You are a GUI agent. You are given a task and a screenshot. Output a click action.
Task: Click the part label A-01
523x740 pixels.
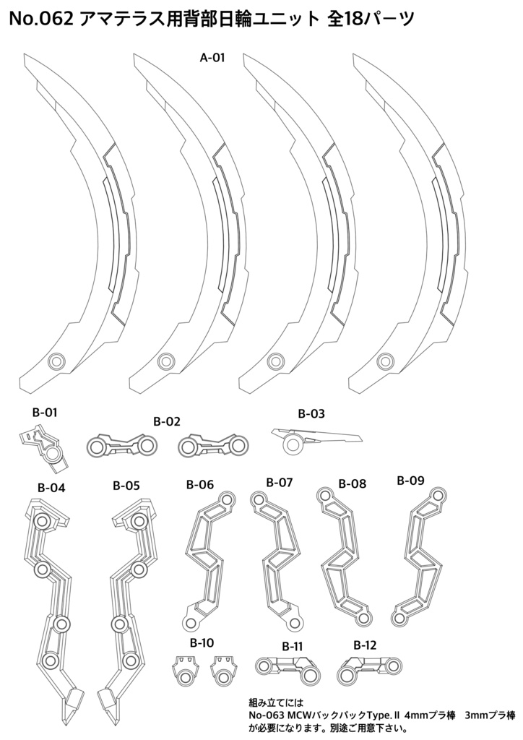click(212, 58)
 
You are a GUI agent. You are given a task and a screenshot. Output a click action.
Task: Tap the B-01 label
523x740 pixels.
click(45, 413)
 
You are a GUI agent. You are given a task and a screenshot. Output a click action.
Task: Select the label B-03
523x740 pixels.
click(311, 414)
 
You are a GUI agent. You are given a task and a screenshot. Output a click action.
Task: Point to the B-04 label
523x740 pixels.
click(51, 488)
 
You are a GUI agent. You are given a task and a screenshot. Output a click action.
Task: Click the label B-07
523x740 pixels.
click(279, 482)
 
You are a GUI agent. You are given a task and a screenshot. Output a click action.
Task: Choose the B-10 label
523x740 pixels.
click(202, 642)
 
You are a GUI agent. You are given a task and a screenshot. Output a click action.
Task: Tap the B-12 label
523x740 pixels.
click(365, 645)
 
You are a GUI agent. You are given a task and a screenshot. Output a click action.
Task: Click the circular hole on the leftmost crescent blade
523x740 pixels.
click(57, 361)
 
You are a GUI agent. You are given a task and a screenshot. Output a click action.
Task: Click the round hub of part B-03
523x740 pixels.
click(293, 444)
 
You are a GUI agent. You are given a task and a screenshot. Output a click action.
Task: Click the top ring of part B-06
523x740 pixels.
click(228, 499)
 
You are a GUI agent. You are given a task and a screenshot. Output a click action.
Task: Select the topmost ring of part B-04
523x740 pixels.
click(42, 522)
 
